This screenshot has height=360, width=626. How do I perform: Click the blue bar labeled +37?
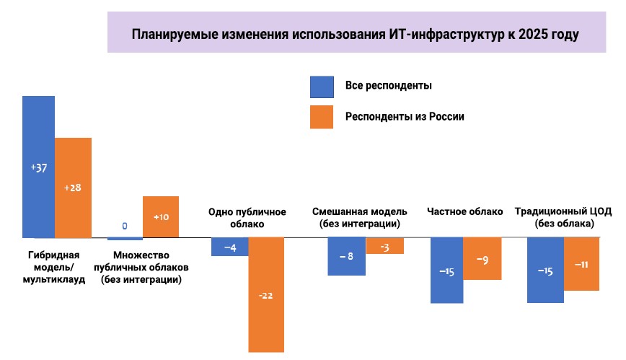pyautogui.click(x=38, y=167)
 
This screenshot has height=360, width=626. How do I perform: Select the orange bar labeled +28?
pyautogui.click(x=73, y=188)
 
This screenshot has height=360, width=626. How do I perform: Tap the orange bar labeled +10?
pyautogui.click(x=160, y=216)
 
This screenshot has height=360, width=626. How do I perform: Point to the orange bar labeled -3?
pyautogui.click(x=384, y=246)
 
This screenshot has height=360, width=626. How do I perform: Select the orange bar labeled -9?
pyautogui.click(x=481, y=258)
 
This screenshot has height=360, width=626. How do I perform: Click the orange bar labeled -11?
pyautogui.click(x=581, y=264)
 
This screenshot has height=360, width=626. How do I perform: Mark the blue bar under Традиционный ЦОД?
pyautogui.click(x=545, y=270)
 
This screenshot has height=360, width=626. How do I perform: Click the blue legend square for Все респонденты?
pyautogui.click(x=322, y=87)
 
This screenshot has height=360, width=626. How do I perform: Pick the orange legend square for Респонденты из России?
pyautogui.click(x=322, y=117)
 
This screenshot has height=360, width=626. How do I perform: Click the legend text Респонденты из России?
pyautogui.click(x=403, y=117)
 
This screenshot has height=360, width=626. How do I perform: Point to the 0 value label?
pyautogui.click(x=125, y=226)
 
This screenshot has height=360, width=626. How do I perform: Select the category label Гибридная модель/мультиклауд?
pyautogui.click(x=54, y=267)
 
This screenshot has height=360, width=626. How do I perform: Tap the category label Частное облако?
pyautogui.click(x=464, y=212)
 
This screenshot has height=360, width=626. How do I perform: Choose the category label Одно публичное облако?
pyautogui.click(x=247, y=218)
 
